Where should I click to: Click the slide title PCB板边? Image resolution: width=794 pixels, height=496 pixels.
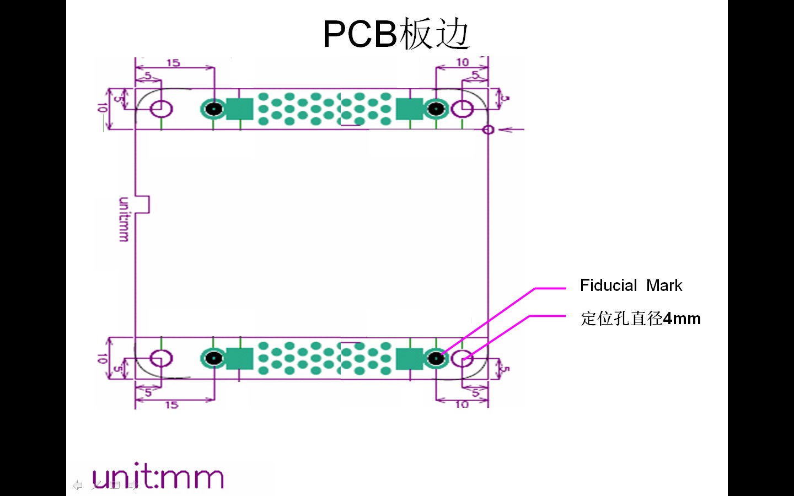coord(396,34)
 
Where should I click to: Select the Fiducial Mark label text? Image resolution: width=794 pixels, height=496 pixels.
coord(631,285)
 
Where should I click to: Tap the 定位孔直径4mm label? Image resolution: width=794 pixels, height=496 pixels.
coord(640,319)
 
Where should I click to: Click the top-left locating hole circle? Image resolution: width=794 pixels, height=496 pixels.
coord(161,108)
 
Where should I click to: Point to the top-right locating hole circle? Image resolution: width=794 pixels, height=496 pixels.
coord(462,109)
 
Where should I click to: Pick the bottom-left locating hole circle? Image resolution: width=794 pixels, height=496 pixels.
coord(161,359)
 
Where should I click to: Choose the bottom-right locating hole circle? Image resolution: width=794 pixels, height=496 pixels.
coord(462,359)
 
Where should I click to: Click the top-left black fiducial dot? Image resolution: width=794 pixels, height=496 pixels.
coord(213,109)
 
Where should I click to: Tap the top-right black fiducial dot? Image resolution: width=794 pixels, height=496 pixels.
coord(436,109)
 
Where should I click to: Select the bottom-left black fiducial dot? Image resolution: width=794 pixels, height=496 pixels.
coord(213,359)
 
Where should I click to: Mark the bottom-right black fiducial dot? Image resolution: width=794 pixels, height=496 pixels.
coord(436,359)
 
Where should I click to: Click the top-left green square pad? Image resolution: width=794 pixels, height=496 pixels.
coord(240,109)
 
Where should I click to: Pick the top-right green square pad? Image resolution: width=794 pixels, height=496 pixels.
coord(409,109)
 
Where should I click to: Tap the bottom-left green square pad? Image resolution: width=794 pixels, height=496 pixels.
coord(240,359)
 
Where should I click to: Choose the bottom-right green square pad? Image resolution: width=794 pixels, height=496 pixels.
coord(409,359)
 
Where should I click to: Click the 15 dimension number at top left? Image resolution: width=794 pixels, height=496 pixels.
coord(173,63)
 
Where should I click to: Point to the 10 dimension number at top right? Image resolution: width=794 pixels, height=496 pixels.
coord(462,62)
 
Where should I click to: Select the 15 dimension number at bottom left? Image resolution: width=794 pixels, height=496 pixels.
coord(171,405)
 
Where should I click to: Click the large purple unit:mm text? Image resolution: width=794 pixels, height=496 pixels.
coord(158,477)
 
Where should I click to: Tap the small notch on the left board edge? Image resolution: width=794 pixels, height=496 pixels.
coord(143,204)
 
